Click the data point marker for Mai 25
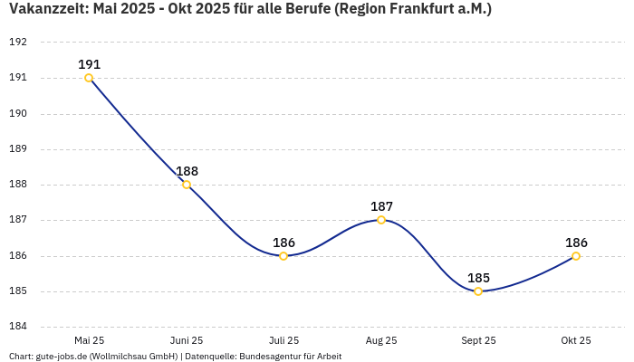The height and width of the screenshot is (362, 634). click(x=89, y=78)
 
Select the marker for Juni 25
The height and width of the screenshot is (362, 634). click(x=187, y=185)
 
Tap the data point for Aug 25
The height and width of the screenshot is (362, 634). click(x=381, y=220)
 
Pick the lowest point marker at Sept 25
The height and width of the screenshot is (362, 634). click(x=478, y=291)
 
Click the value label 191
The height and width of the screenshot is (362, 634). click(x=89, y=64)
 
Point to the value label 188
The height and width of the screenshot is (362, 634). click(x=187, y=171)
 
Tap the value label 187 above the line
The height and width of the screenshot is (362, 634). click(x=381, y=206)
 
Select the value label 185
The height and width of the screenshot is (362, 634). click(x=478, y=278)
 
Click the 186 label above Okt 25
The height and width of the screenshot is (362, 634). click(x=576, y=243)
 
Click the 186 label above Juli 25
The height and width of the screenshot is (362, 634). click(x=283, y=243)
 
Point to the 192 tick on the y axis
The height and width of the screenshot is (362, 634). click(x=18, y=43)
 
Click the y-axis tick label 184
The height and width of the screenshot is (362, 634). click(x=18, y=327)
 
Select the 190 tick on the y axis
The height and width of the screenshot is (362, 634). click(x=18, y=114)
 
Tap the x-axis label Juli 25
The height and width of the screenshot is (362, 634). click(x=283, y=340)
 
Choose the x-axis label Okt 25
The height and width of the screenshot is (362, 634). click(x=576, y=340)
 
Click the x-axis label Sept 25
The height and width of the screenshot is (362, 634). click(x=478, y=340)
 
